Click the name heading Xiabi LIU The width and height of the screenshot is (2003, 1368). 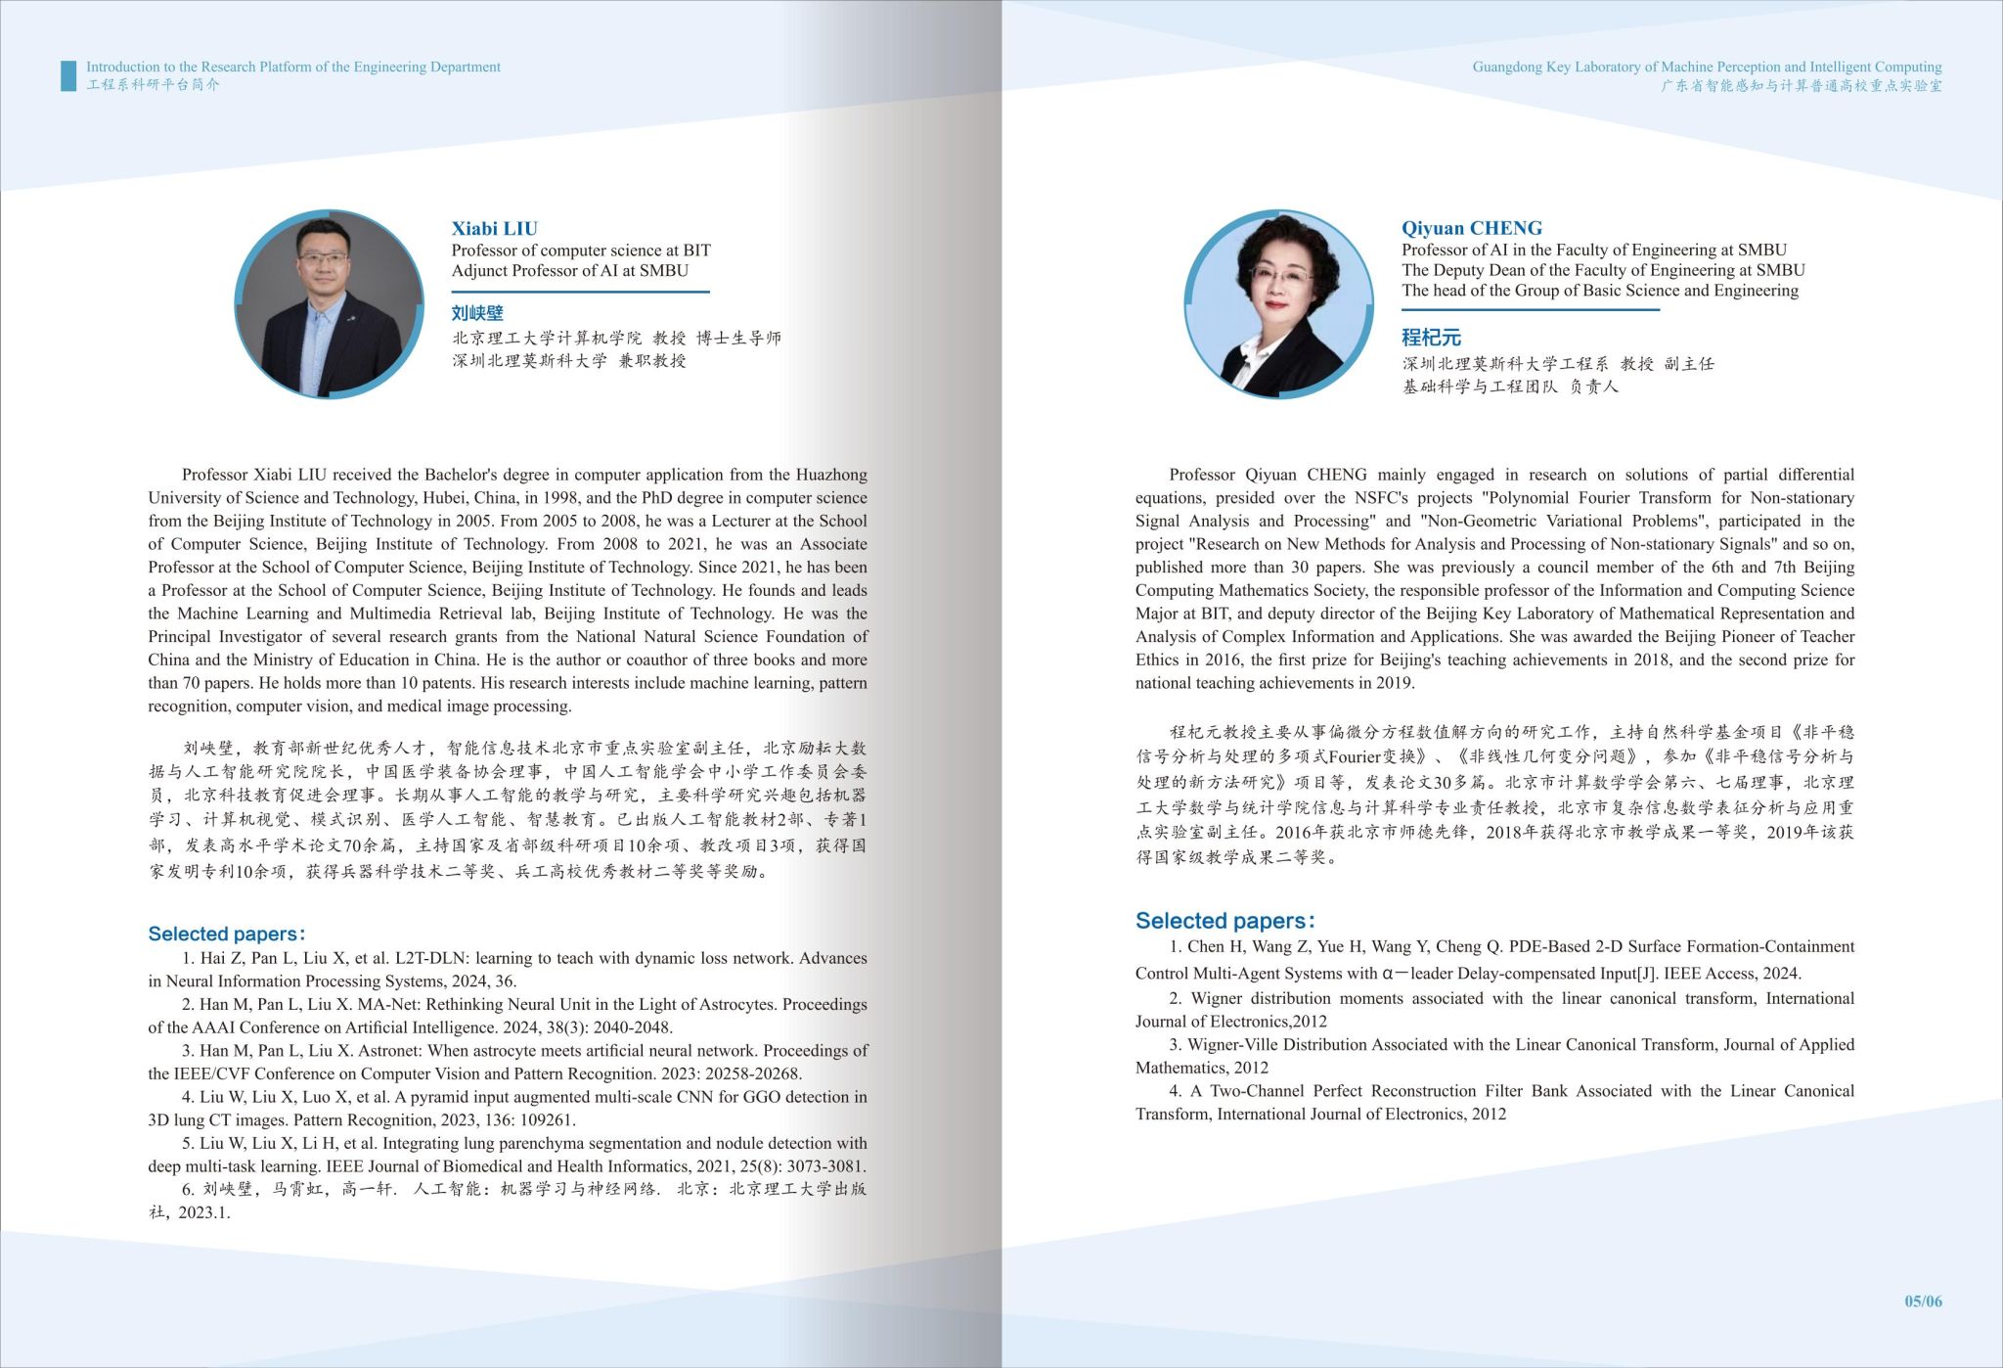tap(494, 229)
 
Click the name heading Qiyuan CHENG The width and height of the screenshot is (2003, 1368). tap(1471, 229)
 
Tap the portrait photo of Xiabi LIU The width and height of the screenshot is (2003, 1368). tap(330, 303)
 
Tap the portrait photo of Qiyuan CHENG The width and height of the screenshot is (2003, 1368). tap(1278, 303)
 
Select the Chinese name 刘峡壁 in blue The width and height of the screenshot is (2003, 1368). tap(477, 313)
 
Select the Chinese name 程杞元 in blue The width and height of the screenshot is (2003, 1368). tap(1431, 338)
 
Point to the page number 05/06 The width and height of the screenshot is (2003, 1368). tap(1922, 1301)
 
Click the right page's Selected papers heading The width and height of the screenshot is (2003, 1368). tap(1224, 921)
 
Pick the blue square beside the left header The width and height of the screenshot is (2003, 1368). tap(68, 75)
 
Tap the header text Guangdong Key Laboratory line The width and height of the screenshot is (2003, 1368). tap(1707, 68)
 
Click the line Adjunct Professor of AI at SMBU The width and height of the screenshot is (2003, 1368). tap(569, 271)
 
